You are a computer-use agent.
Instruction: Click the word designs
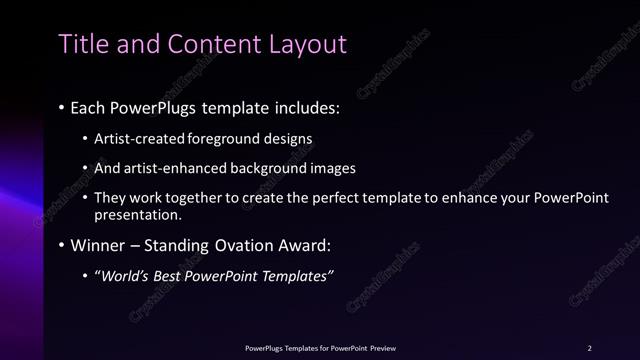(x=286, y=139)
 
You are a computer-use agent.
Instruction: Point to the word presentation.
(x=138, y=214)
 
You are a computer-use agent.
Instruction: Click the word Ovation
(x=231, y=244)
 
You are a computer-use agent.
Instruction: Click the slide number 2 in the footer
(x=590, y=347)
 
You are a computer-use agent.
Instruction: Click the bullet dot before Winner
(x=62, y=244)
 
